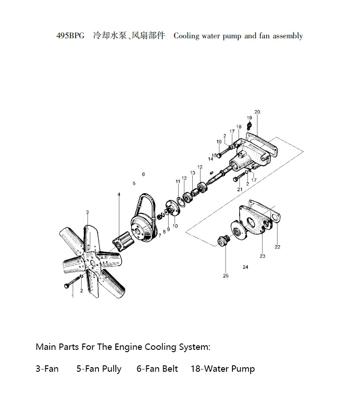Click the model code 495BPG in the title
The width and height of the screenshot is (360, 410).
tap(70, 36)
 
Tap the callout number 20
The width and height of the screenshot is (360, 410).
tap(257, 112)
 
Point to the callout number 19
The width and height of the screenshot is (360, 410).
tap(249, 118)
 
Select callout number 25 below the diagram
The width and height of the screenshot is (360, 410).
tap(226, 276)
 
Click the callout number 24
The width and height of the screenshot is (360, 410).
tap(245, 267)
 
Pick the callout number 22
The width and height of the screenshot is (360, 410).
tap(278, 247)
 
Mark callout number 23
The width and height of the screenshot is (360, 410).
tap(262, 256)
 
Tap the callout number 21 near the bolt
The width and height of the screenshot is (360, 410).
tap(239, 189)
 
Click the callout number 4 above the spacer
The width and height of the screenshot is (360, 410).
tap(119, 195)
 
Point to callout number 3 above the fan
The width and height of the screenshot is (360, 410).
tap(87, 212)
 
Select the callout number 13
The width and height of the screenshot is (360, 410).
tap(193, 173)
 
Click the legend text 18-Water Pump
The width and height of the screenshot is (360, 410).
tap(222, 369)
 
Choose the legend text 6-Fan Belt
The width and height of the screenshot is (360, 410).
tap(157, 369)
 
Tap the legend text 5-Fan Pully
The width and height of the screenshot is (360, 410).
tap(99, 369)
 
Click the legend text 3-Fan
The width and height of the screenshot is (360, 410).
tap(47, 369)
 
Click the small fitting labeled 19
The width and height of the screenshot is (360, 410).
tap(249, 125)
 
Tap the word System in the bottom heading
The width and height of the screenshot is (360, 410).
tap(193, 347)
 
